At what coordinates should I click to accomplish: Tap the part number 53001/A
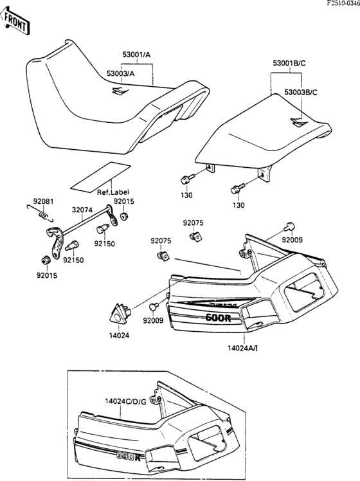click(136, 55)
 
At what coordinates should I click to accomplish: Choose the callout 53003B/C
click(300, 93)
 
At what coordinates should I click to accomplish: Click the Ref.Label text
click(111, 192)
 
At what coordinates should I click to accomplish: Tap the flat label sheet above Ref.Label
click(97, 176)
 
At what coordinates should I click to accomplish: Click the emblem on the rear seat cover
click(298, 124)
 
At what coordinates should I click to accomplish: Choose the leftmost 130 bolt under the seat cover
click(186, 179)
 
